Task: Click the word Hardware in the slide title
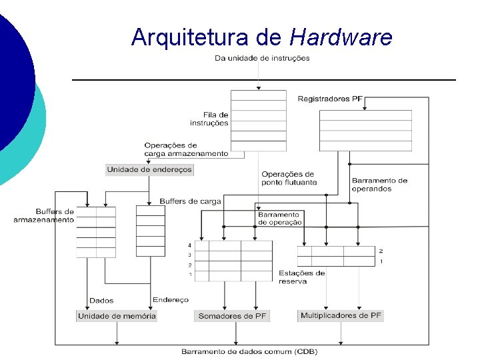[x=341, y=37]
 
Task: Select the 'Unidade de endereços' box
[x=149, y=169]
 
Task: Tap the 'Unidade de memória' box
[x=117, y=316]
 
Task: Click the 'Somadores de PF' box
[x=233, y=316]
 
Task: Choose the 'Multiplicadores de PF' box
[x=341, y=315]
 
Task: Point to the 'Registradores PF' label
[x=330, y=99]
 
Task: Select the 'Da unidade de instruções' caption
[x=262, y=58]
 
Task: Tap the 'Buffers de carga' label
[x=190, y=201]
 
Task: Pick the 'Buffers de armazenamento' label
[x=44, y=215]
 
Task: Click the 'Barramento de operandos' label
[x=379, y=185]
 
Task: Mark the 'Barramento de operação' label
[x=280, y=218]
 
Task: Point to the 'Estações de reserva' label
[x=302, y=277]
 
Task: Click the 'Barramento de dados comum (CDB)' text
[x=249, y=351]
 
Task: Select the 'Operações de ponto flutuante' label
[x=289, y=178]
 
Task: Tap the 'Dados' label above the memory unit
[x=101, y=301]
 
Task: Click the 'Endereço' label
[x=171, y=300]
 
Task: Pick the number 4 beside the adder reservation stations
[x=190, y=245]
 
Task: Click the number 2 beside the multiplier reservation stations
[x=381, y=251]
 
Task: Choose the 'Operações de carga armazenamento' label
[x=185, y=149]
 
